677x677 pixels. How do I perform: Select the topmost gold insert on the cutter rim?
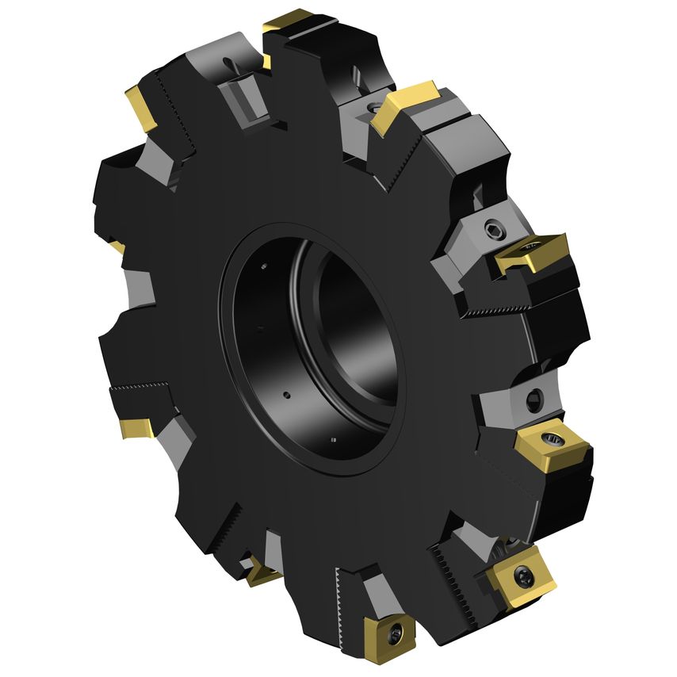pos(290,25)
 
